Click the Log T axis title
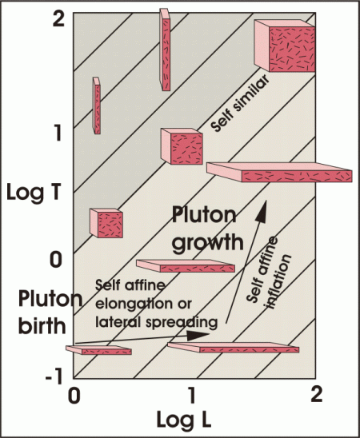click(34, 192)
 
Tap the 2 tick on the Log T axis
click(58, 20)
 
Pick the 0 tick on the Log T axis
click(56, 259)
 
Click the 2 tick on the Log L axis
click(316, 395)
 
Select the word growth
click(207, 242)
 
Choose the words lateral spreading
click(156, 322)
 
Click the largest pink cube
click(285, 46)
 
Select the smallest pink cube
click(106, 223)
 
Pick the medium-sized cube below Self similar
click(182, 146)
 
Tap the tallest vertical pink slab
click(165, 50)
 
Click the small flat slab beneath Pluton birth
click(98, 350)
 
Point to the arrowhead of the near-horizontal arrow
click(198, 336)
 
